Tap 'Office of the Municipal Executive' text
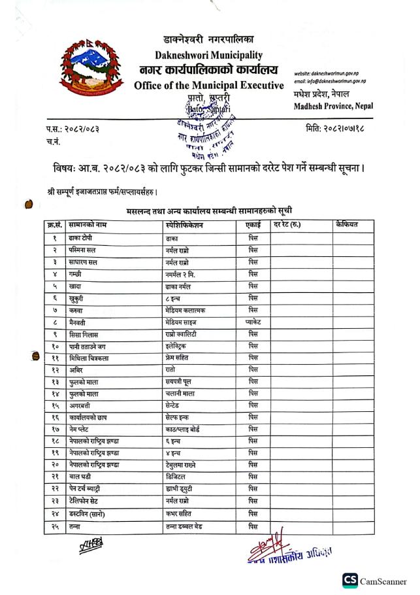[208, 86]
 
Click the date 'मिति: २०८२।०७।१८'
[334, 128]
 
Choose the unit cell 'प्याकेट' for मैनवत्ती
[253, 322]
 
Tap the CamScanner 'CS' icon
[350, 581]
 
